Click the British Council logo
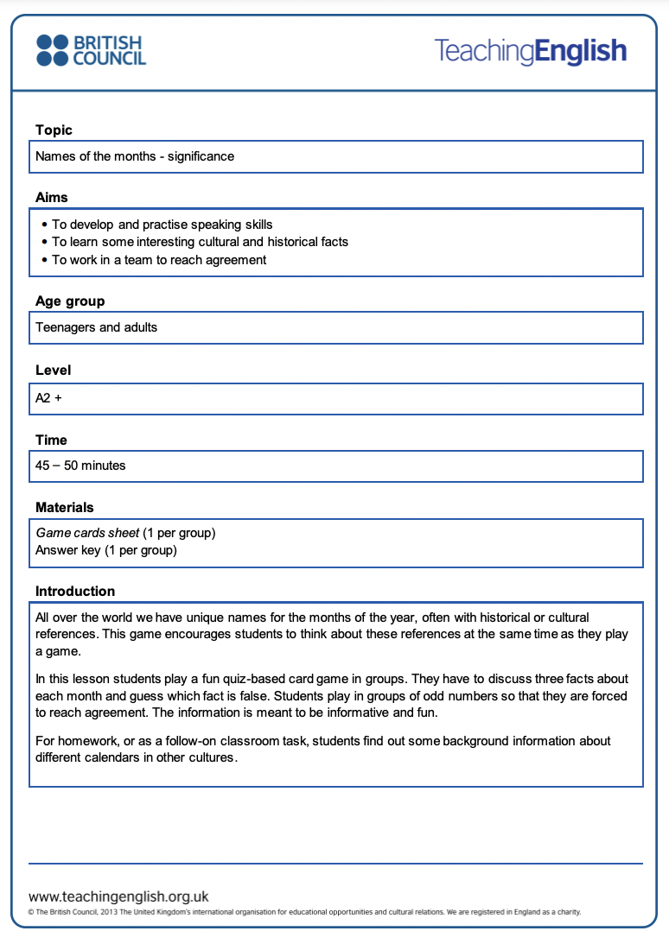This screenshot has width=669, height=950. (x=91, y=50)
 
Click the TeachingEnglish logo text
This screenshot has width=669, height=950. (x=530, y=51)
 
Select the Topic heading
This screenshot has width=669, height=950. (x=54, y=130)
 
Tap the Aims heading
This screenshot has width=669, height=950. (x=52, y=198)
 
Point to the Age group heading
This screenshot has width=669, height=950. (x=70, y=301)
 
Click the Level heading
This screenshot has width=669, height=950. (x=53, y=370)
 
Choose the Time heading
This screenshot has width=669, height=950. (x=51, y=440)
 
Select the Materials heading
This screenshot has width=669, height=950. (x=65, y=508)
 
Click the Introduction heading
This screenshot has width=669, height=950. (x=75, y=592)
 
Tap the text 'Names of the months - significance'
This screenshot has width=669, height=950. (x=135, y=156)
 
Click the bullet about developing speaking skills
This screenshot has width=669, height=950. (x=162, y=225)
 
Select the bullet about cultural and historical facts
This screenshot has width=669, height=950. (x=200, y=242)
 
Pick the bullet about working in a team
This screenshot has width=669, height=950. (x=159, y=260)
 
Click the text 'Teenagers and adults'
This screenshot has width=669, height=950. (x=97, y=327)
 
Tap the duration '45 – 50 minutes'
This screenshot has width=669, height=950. (x=80, y=465)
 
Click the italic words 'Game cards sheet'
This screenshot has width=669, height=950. (x=87, y=533)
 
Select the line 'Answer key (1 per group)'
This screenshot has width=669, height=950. (x=106, y=550)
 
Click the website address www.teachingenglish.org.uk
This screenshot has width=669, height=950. (x=118, y=896)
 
